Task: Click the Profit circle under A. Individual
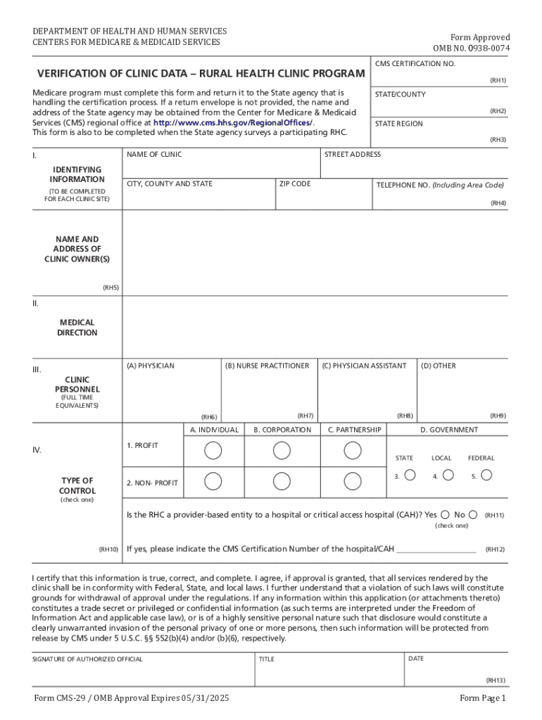(213, 450)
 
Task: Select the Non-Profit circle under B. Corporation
(282, 481)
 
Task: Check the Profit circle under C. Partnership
(353, 450)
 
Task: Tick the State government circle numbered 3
(410, 475)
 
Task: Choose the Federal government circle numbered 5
(486, 475)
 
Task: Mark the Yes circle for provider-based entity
(446, 514)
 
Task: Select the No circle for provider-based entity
(473, 514)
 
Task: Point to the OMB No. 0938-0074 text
(471, 48)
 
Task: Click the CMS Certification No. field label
(415, 64)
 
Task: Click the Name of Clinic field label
(153, 154)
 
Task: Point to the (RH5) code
(111, 288)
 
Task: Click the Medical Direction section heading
(77, 328)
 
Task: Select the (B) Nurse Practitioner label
(267, 366)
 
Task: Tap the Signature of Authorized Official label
(87, 659)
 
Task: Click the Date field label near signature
(415, 658)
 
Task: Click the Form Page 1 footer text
(482, 698)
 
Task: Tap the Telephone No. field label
(439, 185)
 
